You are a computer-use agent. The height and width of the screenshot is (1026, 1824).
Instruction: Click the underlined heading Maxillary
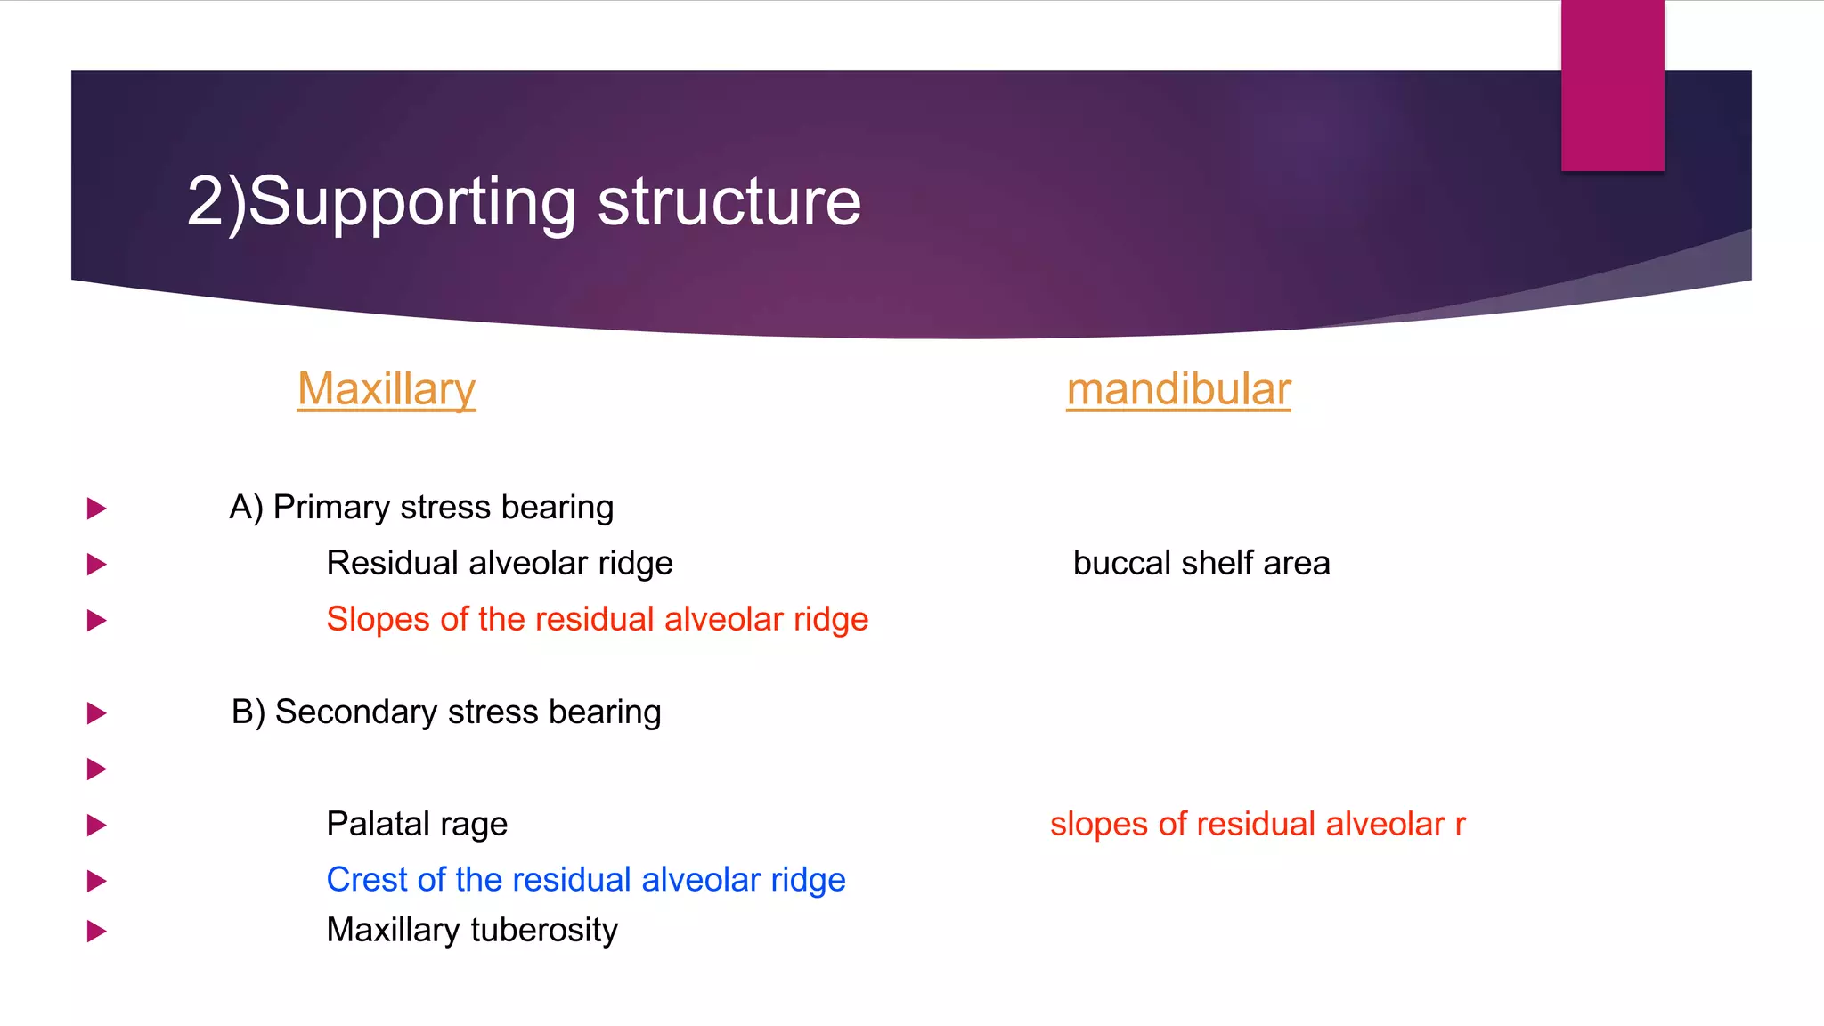(x=387, y=390)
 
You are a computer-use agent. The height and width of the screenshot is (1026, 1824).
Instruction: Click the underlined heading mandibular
(x=1178, y=390)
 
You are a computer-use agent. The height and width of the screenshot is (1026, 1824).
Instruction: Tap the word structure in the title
(x=729, y=202)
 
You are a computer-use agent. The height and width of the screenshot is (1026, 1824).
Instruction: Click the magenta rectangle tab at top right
(x=1612, y=85)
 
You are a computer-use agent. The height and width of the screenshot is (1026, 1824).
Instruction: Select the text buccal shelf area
(x=1201, y=564)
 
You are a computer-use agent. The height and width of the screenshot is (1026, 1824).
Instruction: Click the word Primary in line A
(x=331, y=508)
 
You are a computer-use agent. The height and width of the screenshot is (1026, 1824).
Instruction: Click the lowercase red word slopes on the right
(x=1098, y=825)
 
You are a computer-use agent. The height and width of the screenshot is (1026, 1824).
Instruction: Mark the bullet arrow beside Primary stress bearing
(x=96, y=509)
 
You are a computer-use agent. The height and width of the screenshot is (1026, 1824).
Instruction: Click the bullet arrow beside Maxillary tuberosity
(x=96, y=932)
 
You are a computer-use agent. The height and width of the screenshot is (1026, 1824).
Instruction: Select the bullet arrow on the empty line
(x=96, y=769)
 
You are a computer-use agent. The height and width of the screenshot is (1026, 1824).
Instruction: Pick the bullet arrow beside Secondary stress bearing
(x=96, y=712)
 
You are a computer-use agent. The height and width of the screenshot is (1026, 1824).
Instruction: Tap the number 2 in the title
(x=206, y=202)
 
